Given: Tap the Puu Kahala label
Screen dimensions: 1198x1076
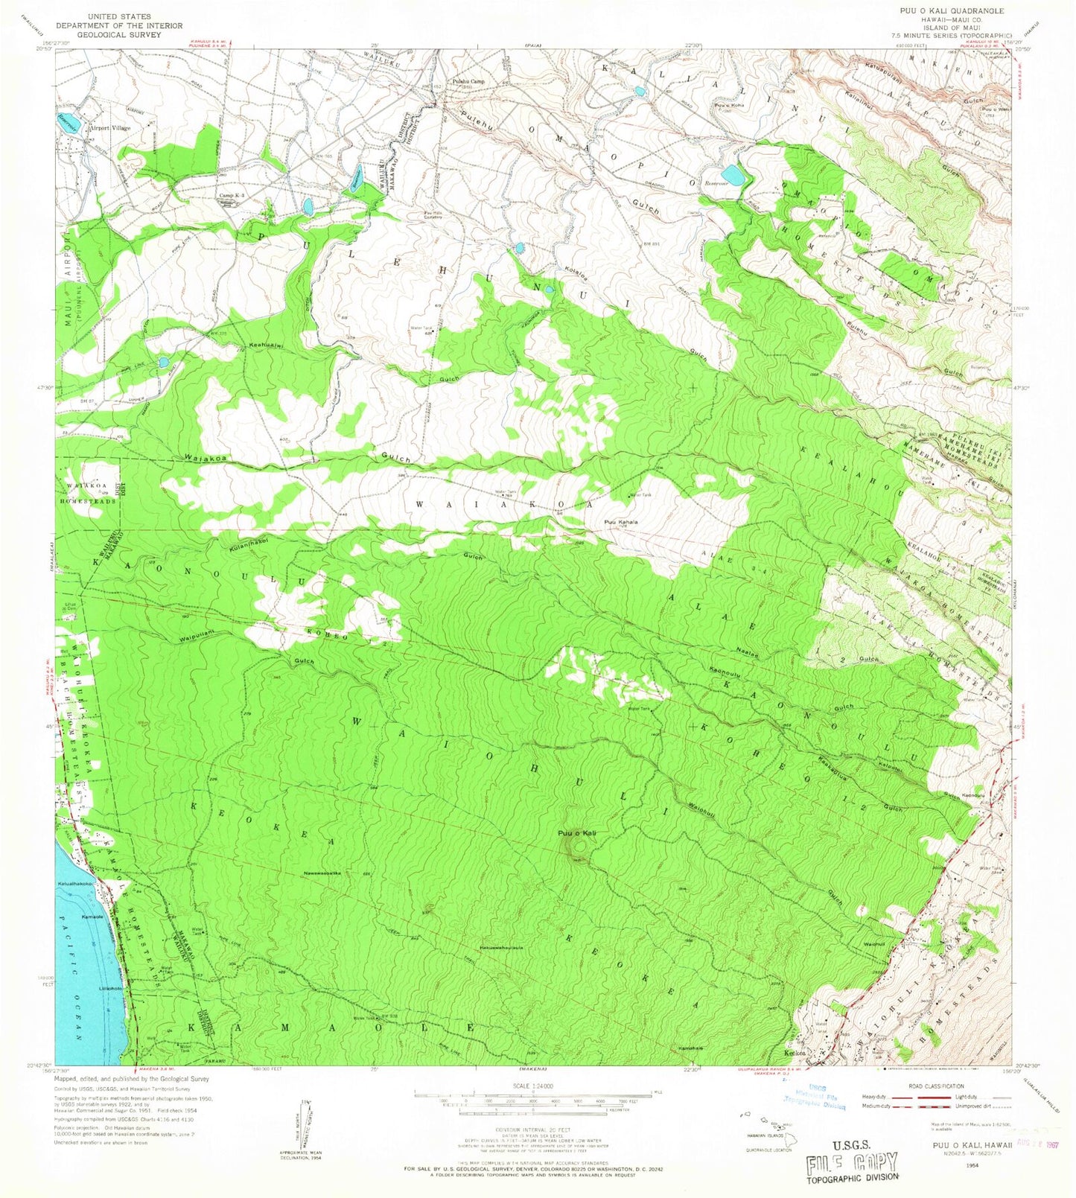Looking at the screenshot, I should click(621, 522).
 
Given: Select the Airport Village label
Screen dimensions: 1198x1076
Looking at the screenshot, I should click(109, 128).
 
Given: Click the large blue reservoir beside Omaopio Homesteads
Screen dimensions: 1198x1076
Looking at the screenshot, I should click(733, 176).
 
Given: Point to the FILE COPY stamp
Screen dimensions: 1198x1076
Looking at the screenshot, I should click(853, 1164).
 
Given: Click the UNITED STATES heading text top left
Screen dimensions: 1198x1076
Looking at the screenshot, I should click(119, 16).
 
